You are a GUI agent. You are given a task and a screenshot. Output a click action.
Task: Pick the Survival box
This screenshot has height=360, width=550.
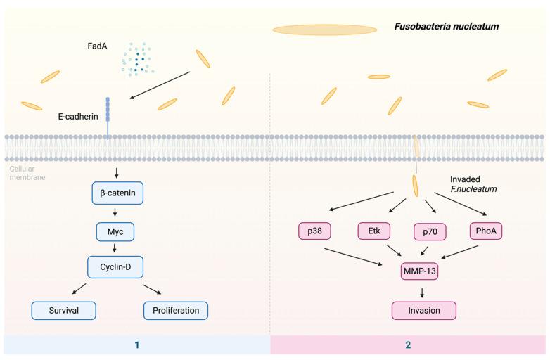64,309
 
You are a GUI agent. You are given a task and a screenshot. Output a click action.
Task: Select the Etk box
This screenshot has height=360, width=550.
373,231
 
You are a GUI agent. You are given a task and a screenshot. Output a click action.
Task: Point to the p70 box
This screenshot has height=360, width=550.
430,231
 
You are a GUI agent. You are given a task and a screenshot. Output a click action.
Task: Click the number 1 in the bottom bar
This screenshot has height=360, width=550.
136,345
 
